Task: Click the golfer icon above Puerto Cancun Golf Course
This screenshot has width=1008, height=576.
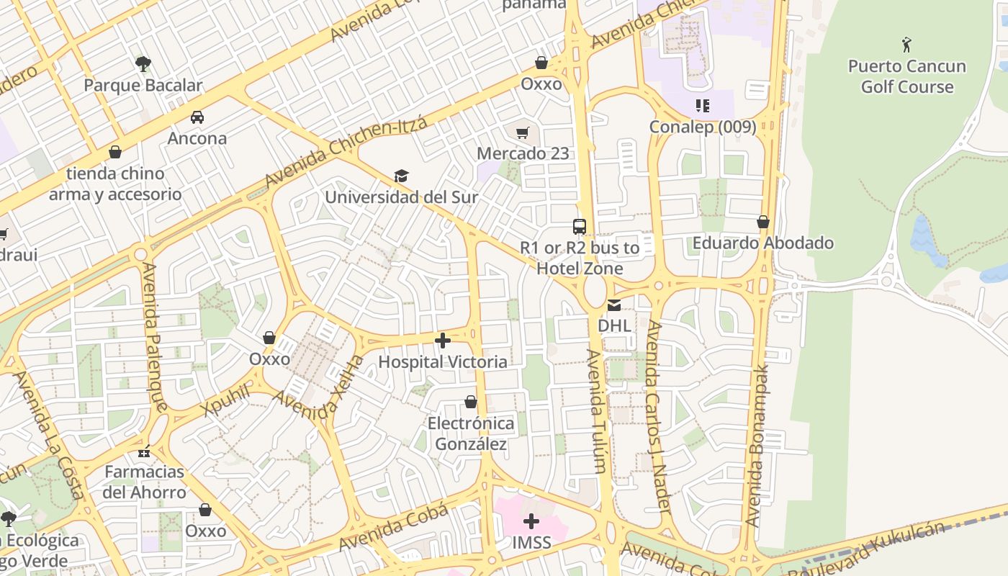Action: point(906,45)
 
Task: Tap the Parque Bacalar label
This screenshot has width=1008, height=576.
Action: point(143,85)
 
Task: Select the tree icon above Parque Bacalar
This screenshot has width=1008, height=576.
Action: point(143,63)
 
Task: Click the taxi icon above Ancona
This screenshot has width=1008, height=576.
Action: point(197,117)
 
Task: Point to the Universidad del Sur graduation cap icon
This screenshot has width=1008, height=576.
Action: point(401,176)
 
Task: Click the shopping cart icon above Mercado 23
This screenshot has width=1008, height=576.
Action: point(523,132)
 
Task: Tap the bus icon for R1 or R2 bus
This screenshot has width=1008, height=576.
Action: point(580,227)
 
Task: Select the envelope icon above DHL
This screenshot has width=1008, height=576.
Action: point(614,305)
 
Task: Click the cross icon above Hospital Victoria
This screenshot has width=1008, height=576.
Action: point(443,341)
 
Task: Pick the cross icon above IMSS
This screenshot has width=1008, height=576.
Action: point(531,521)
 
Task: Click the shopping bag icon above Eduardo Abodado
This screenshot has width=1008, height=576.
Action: point(763,222)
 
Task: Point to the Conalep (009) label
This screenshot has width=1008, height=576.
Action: point(703,127)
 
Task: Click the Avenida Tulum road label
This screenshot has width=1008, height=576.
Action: point(597,411)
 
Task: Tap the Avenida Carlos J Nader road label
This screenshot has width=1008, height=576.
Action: point(658,418)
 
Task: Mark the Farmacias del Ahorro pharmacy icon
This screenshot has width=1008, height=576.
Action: point(144,452)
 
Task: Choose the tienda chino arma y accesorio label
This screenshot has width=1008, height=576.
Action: point(115,184)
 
